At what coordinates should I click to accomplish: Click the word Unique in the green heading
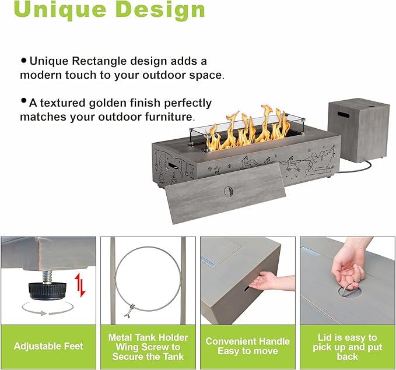pyautogui.click(x=60, y=9)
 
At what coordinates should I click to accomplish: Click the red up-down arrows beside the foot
pyautogui.click(x=80, y=286)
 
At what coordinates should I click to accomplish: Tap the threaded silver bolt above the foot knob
pyautogui.click(x=47, y=277)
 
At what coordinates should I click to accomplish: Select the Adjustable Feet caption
pyautogui.click(x=48, y=346)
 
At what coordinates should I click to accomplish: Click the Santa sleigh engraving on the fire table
pyautogui.click(x=320, y=161)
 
